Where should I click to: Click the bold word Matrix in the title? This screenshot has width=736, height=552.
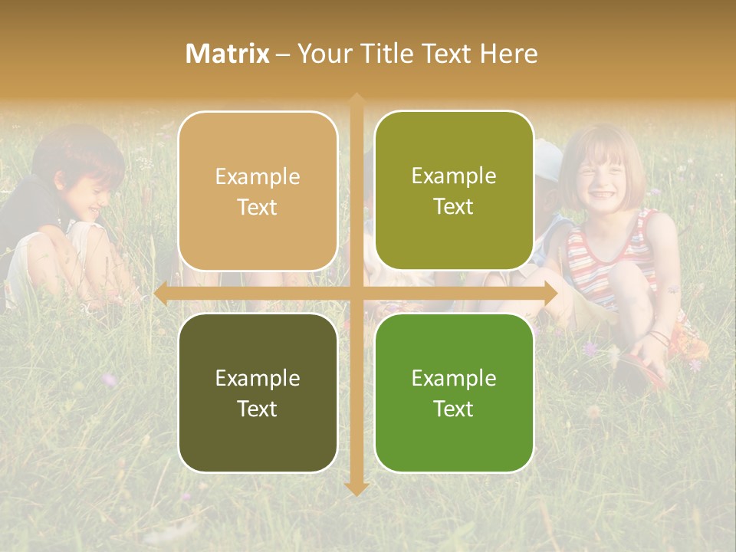[227, 54]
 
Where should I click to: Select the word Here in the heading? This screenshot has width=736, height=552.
[508, 54]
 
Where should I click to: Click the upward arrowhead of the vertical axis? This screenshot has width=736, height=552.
[356, 100]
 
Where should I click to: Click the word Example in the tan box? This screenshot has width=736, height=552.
[258, 177]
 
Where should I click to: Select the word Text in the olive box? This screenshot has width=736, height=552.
[454, 207]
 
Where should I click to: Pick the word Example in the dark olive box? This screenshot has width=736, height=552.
[258, 379]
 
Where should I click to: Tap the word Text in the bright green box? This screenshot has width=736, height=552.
[454, 409]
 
